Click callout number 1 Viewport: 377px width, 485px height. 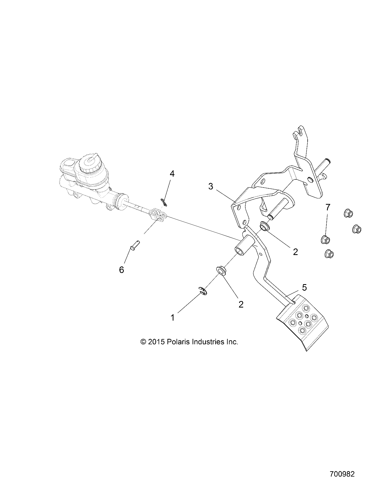click(172, 317)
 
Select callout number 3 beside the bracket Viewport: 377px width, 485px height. click(211, 186)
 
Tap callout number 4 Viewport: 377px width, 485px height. click(172, 174)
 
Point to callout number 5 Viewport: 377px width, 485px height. click(304, 287)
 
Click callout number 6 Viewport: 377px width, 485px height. click(122, 270)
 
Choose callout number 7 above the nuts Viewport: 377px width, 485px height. click(328, 207)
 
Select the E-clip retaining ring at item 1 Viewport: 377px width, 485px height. click(202, 291)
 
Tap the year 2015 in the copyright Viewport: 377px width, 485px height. click(156, 342)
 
